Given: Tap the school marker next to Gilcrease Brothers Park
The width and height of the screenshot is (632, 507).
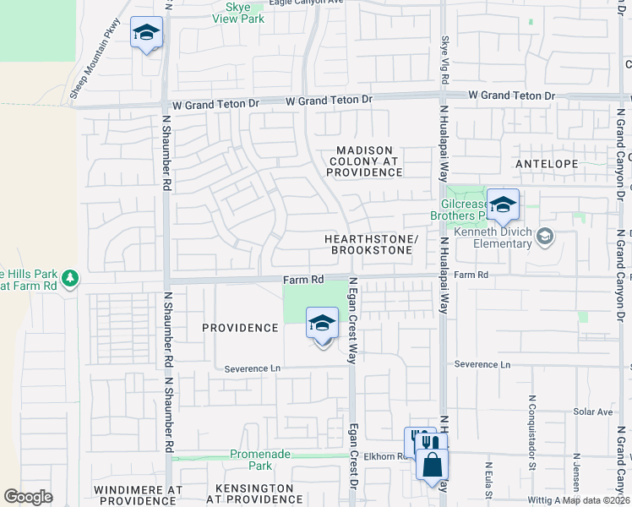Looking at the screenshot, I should pyautogui.click(x=503, y=205).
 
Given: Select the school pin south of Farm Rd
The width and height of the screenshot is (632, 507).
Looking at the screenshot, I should pyautogui.click(x=322, y=324).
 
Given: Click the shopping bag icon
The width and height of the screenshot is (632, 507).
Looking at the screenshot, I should pyautogui.click(x=432, y=466).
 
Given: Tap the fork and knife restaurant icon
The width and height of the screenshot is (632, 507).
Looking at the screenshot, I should pyautogui.click(x=430, y=441).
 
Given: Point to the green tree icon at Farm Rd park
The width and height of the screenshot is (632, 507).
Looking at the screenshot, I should pyautogui.click(x=72, y=278).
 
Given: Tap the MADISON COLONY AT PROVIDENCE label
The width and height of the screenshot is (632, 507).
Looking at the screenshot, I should pyautogui.click(x=365, y=161).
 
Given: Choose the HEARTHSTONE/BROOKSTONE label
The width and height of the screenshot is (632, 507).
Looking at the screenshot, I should pyautogui.click(x=372, y=245).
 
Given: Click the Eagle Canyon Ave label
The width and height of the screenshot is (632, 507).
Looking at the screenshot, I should pyautogui.click(x=307, y=3).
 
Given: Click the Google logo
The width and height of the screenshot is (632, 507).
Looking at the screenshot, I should pyautogui.click(x=29, y=496).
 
